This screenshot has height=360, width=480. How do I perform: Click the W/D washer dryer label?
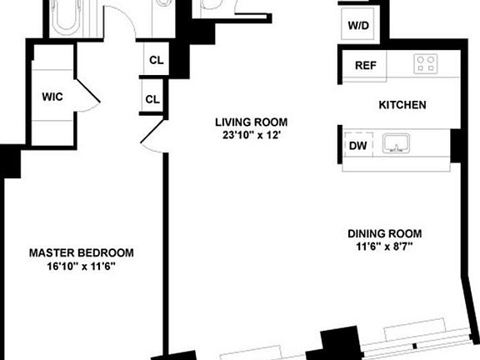coord(359,25)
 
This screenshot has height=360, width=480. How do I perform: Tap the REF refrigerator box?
coord(363,66)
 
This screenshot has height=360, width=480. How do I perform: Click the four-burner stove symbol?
coord(426,65)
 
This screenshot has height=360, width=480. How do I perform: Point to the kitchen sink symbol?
coord(398,145)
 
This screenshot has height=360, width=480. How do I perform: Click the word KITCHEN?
coord(402,105)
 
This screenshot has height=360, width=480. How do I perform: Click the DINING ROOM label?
coord(385,233)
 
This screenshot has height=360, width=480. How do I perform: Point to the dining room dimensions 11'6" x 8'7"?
coord(385,247)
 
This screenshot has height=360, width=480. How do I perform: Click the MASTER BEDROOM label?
coord(82,252)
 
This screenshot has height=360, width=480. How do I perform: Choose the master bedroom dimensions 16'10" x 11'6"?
coord(82,266)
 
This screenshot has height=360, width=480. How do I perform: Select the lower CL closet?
coord(152,98)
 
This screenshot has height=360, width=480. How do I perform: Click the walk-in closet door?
coord(87,92)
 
